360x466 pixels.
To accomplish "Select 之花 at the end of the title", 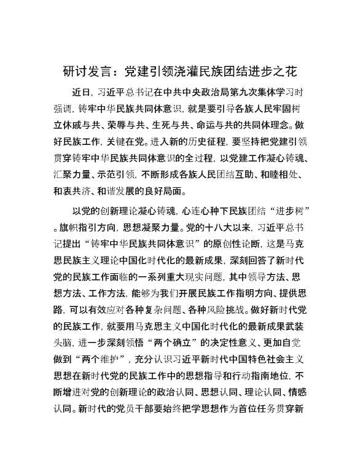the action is pyautogui.click(x=288, y=71).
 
